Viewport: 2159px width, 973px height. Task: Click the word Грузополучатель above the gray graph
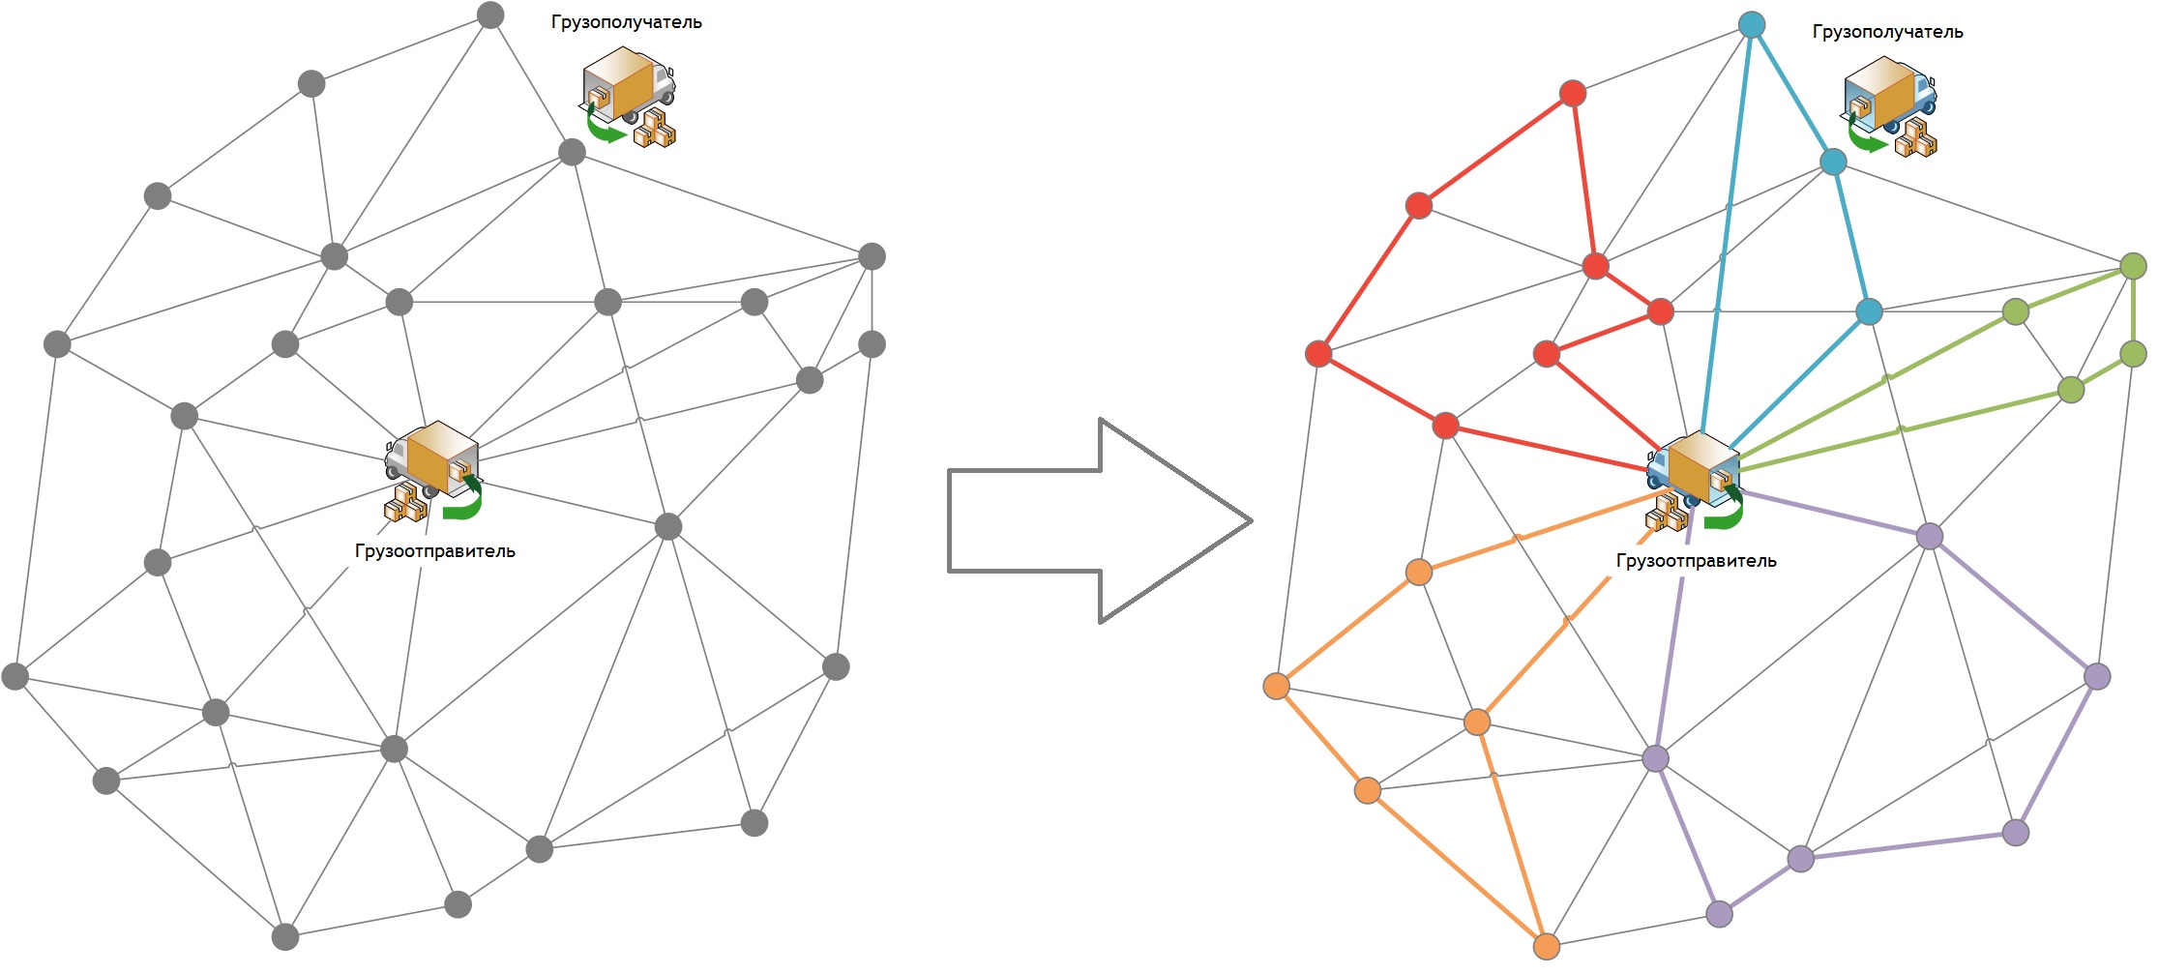(626, 22)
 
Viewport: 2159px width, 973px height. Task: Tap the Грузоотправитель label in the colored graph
(1696, 561)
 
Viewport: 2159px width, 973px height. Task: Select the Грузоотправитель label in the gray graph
(434, 551)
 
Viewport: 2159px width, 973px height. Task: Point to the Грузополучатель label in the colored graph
(1887, 32)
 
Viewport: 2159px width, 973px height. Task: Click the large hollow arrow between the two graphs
(1100, 520)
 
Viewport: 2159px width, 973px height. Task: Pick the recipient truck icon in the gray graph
(628, 97)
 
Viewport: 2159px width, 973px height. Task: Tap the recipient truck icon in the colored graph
(1889, 106)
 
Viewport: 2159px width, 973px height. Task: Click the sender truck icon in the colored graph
(1695, 481)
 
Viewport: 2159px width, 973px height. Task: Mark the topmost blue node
(1752, 24)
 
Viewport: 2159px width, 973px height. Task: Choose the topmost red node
(1573, 93)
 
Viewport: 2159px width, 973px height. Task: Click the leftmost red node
(1318, 354)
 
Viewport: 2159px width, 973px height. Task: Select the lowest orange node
(1547, 946)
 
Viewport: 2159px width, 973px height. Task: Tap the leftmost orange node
(1277, 686)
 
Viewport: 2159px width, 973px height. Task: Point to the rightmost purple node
(2097, 676)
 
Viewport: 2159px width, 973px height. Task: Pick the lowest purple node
(1719, 914)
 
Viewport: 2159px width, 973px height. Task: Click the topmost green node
(2133, 266)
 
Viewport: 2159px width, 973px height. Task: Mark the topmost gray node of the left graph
(490, 15)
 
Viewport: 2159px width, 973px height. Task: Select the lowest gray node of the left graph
(285, 936)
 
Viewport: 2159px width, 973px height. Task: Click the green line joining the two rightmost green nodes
(2133, 310)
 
